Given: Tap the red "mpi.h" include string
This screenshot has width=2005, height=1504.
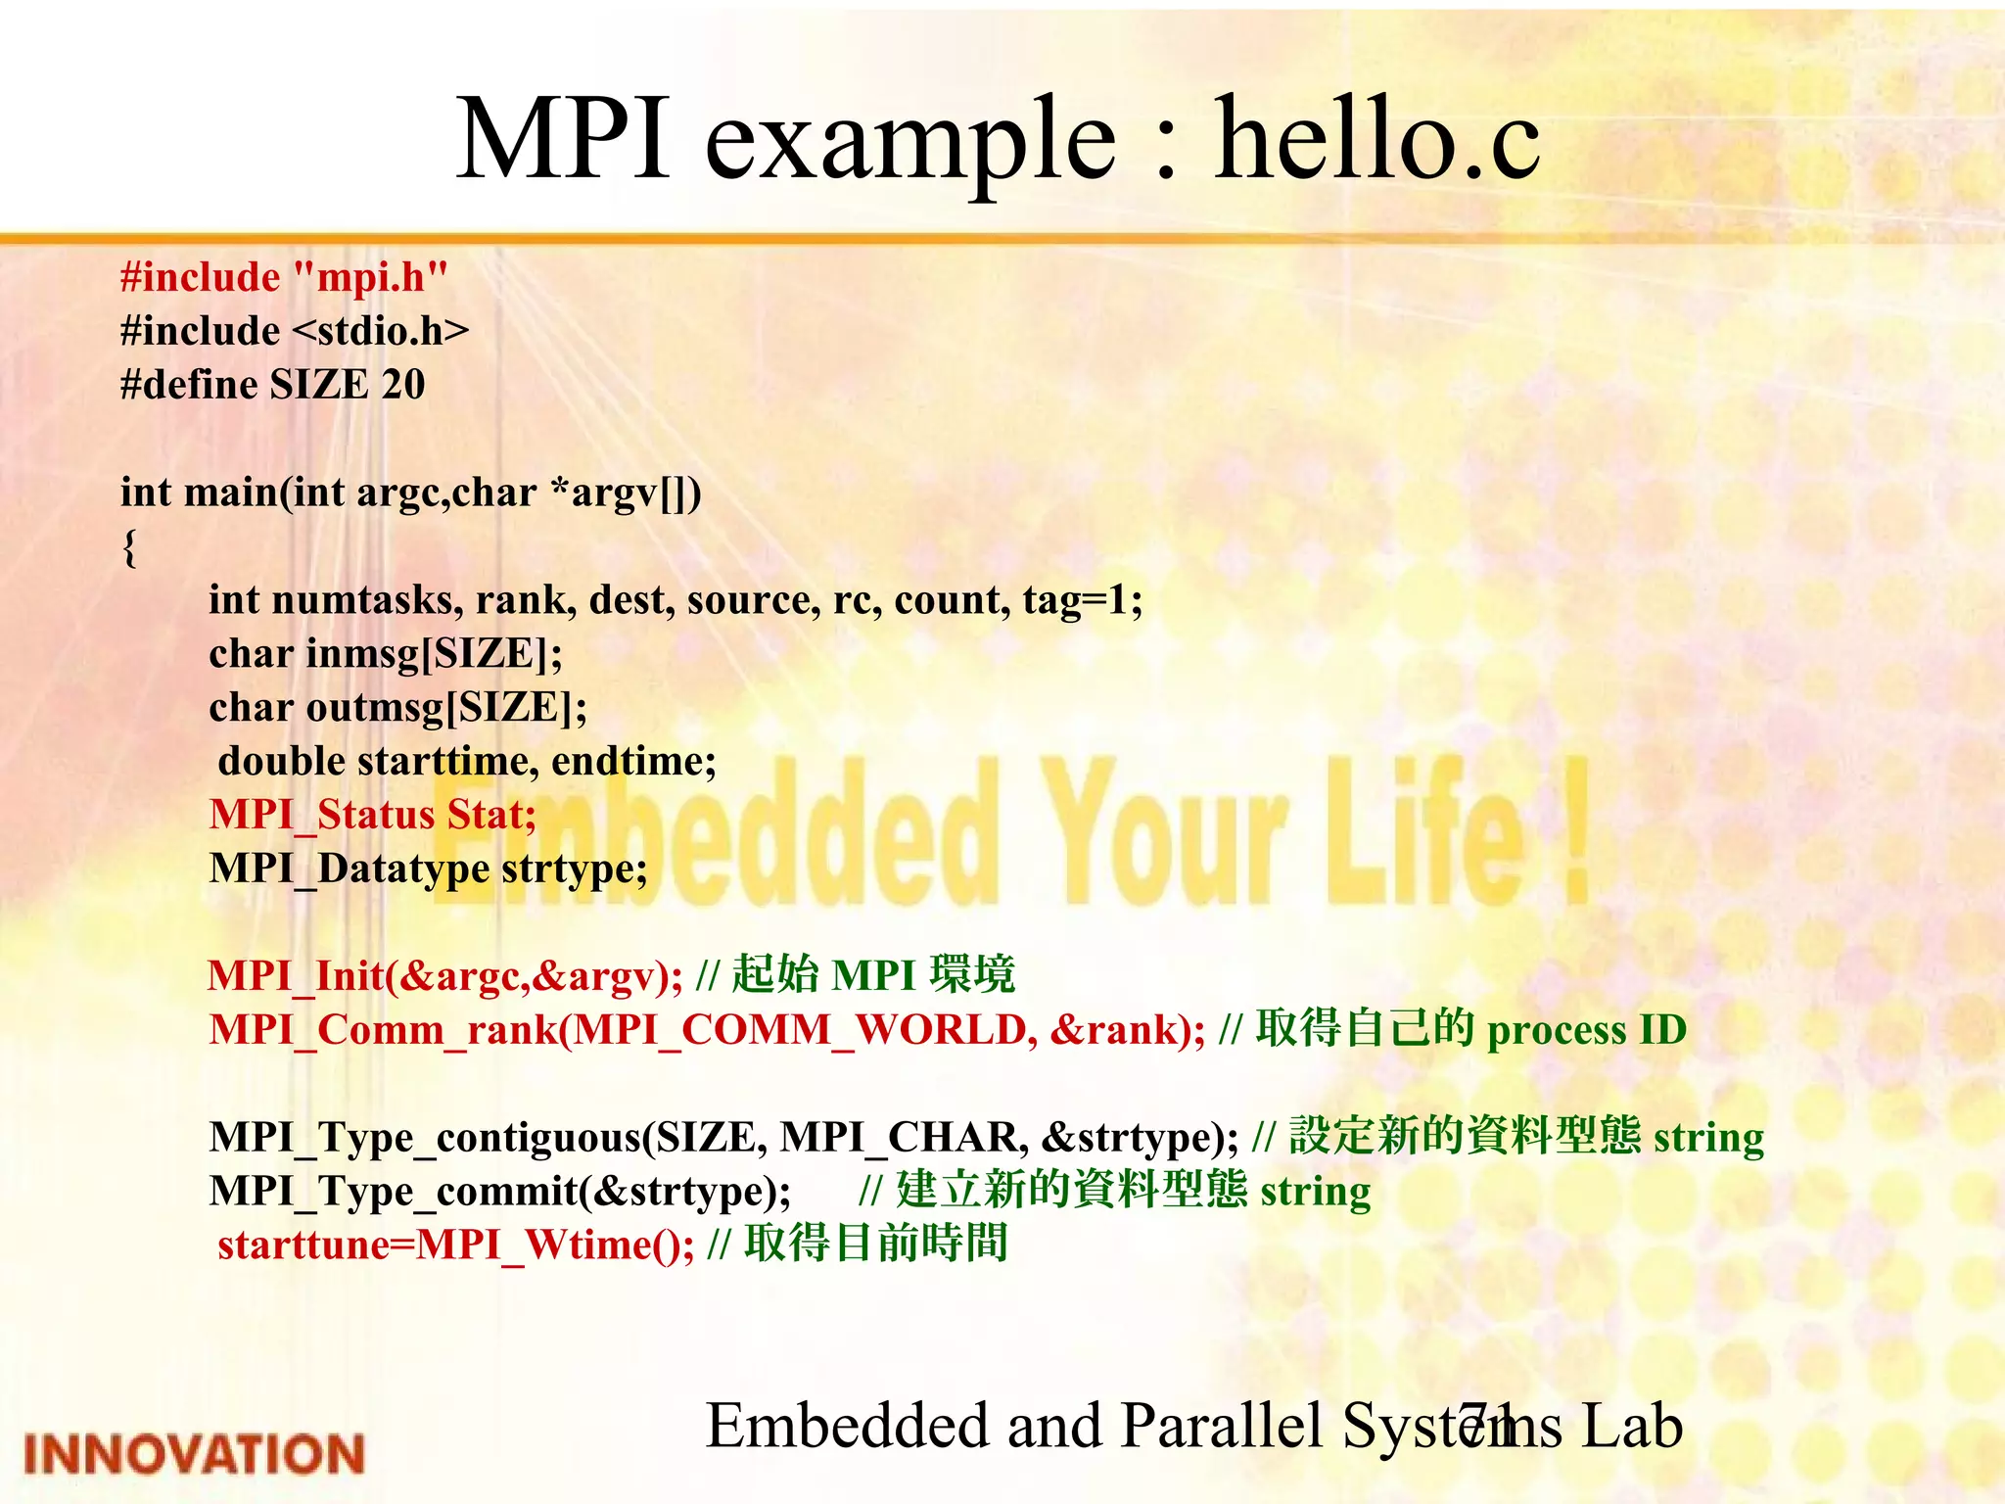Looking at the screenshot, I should click(371, 278).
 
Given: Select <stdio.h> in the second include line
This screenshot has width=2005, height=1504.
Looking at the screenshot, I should click(381, 331).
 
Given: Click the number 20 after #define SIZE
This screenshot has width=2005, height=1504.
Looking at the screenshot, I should click(403, 385).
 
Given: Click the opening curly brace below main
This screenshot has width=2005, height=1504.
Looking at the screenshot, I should click(129, 546).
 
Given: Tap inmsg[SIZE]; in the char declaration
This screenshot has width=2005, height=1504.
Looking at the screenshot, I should click(435, 653).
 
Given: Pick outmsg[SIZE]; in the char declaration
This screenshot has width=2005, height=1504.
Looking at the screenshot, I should click(447, 707).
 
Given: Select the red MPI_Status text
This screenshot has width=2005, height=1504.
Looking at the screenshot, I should click(322, 815).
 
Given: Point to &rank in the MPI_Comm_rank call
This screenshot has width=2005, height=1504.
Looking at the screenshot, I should click(1114, 1029).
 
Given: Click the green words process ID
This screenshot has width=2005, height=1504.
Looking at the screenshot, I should click(1587, 1029).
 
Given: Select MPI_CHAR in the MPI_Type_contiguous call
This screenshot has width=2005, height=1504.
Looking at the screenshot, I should click(905, 1137).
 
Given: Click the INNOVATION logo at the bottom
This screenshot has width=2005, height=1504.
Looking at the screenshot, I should click(194, 1453).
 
